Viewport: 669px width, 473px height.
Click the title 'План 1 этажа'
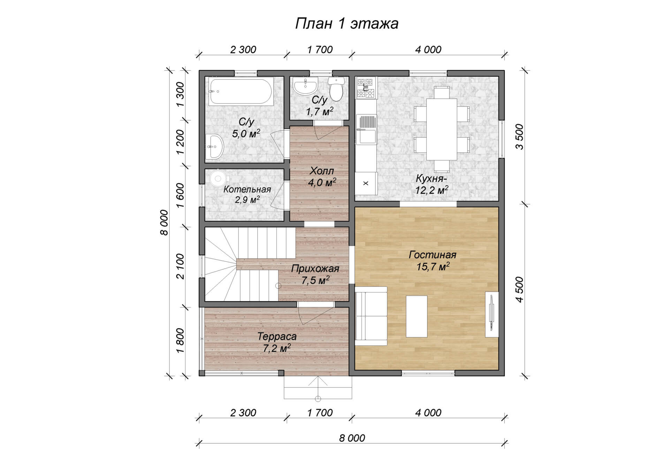(347, 24)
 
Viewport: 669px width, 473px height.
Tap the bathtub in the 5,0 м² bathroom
(241, 92)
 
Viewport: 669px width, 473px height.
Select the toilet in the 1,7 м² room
(336, 89)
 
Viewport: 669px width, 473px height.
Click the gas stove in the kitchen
(366, 88)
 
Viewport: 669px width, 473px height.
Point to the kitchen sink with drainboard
(366, 129)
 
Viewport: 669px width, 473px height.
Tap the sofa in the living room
(371, 316)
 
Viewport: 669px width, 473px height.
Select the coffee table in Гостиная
(417, 316)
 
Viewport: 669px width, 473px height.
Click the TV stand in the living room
(492, 314)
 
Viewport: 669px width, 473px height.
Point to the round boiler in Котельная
(219, 178)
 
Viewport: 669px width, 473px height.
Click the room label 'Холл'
(322, 171)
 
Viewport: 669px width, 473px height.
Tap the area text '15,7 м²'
(433, 267)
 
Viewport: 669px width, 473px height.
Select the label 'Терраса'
(277, 336)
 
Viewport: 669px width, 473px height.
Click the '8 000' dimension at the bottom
(352, 438)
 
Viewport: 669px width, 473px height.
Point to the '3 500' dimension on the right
(519, 137)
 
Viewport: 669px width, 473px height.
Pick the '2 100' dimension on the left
(180, 266)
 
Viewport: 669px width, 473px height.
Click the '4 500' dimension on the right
(519, 289)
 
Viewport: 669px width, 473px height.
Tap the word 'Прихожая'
(315, 269)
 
